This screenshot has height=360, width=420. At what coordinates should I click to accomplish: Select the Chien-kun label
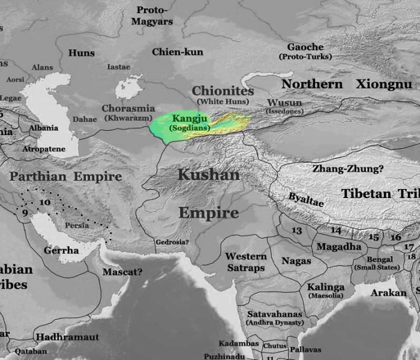tap(178, 52)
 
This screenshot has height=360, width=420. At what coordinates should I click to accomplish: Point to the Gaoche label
tap(305, 47)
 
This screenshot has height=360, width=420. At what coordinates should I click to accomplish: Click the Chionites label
tap(223, 91)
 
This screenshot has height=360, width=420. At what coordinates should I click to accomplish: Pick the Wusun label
tap(284, 103)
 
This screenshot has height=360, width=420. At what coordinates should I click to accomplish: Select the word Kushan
tap(208, 175)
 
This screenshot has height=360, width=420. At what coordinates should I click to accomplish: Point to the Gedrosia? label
tap(172, 242)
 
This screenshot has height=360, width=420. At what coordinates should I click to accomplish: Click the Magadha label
tap(339, 247)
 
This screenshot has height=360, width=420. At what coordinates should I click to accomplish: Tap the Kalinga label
tap(326, 287)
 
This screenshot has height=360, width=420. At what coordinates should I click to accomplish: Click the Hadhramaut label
tap(67, 337)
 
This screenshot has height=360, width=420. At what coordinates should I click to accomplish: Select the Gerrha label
tap(61, 250)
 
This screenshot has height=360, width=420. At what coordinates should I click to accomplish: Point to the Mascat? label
tap(122, 272)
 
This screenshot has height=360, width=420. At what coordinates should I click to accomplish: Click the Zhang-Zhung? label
tap(347, 169)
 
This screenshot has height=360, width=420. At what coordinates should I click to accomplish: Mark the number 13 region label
tap(296, 230)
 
